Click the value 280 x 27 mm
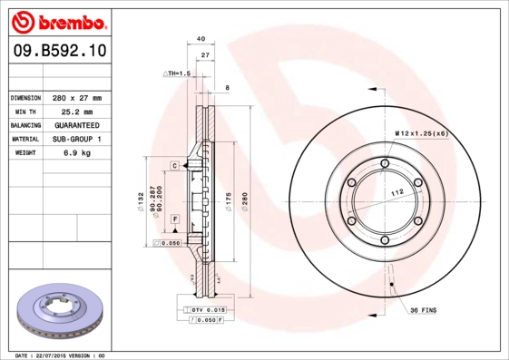coord(76,97)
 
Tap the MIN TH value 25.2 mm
coord(76,111)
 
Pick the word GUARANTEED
coord(76,124)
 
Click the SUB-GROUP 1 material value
coord(76,139)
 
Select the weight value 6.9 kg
coord(76,153)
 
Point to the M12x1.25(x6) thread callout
coord(421,133)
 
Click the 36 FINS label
coord(422,310)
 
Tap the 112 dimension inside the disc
coord(396,192)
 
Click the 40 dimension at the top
coord(201,39)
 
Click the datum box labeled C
coord(173,166)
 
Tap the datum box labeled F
coord(173,220)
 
